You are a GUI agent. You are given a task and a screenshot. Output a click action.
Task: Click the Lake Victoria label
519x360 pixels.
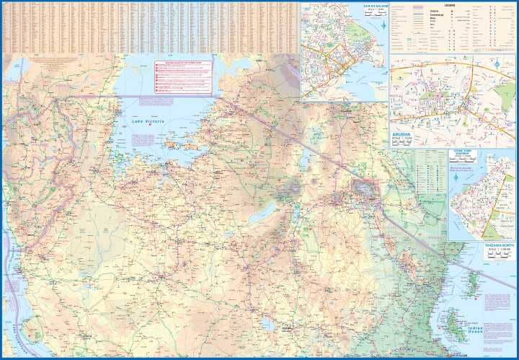click(148, 122)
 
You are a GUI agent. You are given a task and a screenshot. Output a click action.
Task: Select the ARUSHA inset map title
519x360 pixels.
click(402, 135)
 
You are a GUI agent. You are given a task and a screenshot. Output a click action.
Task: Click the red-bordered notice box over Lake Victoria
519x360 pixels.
click(183, 76)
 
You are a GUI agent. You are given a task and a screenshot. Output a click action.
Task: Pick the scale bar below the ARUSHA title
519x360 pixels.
click(401, 144)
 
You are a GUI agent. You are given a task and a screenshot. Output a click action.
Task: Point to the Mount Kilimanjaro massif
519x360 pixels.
click(362, 189)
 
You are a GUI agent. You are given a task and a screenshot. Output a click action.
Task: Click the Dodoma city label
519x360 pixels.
click(289, 329)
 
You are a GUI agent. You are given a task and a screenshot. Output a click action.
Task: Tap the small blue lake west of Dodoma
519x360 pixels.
click(267, 325)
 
